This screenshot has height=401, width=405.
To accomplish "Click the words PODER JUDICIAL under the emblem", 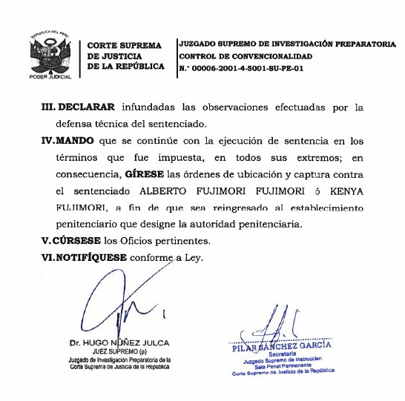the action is [x=50, y=76].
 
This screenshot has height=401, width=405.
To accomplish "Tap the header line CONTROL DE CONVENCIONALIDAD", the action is [x=246, y=56].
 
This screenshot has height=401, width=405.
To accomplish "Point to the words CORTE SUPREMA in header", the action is [x=124, y=45].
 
